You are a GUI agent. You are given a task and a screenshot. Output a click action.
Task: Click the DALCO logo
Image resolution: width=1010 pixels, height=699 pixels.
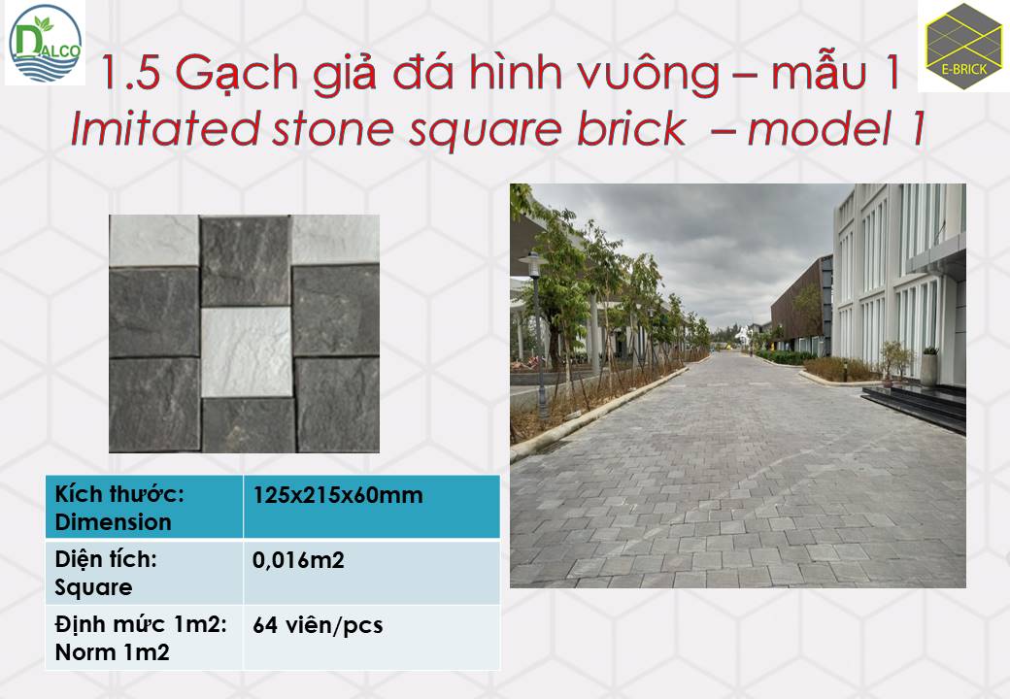coord(45,43)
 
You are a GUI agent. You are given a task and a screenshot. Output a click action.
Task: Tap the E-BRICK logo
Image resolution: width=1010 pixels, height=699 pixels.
coord(963,47)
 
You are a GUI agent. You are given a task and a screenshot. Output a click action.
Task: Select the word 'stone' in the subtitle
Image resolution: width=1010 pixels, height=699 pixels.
coord(333,129)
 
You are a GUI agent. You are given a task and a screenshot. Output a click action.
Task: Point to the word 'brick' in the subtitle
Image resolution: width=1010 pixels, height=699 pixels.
coord(631,129)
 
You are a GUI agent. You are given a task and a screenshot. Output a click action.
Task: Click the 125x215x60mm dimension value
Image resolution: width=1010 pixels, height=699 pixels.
coord(338,495)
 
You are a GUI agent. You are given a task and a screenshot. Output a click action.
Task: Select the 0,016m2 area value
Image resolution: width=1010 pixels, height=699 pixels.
coord(298,560)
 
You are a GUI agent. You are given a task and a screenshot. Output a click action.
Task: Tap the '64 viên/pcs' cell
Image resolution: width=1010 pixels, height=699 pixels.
coord(318,625)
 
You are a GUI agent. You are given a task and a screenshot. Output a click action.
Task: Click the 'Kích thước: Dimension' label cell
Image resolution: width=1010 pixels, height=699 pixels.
coord(145,507)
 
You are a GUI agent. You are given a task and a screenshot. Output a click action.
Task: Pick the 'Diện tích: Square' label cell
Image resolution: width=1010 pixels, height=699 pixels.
coord(145,572)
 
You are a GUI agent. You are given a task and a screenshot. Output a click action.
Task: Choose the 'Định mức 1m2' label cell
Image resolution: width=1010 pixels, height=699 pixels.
coord(145,638)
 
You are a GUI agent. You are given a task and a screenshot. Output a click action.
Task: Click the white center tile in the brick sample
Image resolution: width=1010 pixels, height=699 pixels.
coord(247,351)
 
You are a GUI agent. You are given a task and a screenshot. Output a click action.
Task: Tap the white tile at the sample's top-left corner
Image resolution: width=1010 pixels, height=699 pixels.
coord(154,241)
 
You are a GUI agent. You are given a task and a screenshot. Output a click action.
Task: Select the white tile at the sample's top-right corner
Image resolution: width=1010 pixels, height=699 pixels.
coord(335,239)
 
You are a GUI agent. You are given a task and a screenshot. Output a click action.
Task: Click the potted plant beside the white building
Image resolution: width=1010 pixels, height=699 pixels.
coord(928,366)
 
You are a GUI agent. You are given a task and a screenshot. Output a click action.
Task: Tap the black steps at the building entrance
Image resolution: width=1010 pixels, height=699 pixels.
coord(916,406)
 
